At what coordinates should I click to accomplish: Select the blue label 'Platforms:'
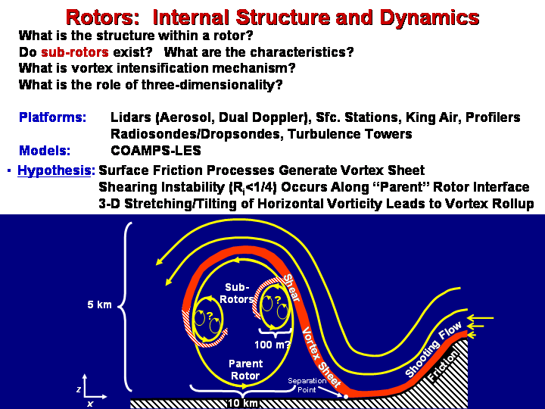click(52, 117)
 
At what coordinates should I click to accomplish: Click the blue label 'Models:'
click(45, 151)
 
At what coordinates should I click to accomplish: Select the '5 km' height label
click(98, 305)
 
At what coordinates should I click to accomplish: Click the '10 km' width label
click(243, 403)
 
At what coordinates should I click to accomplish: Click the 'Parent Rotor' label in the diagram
click(245, 370)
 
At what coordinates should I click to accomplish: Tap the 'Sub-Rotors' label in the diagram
click(236, 293)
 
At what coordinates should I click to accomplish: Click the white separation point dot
click(345, 396)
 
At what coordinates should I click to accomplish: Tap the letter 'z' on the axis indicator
click(79, 388)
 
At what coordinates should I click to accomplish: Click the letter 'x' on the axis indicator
click(89, 404)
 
